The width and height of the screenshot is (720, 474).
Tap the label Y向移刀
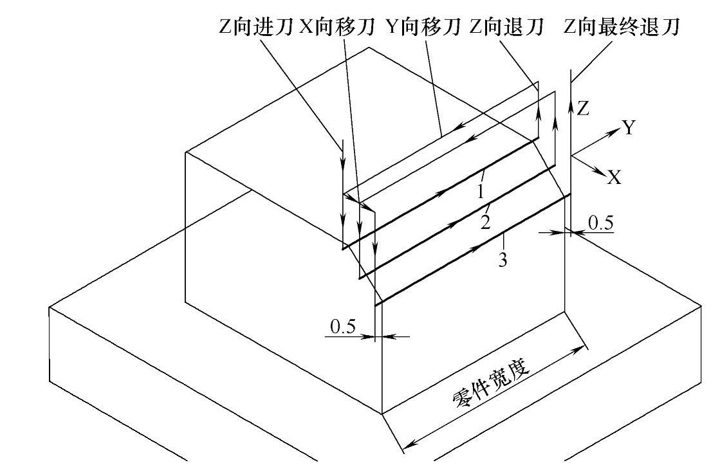[x=424, y=28]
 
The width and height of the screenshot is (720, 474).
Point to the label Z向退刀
[x=506, y=28]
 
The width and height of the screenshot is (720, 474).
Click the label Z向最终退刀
[x=622, y=28]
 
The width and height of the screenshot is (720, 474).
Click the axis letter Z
[x=583, y=109]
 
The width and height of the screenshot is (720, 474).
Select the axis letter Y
[x=629, y=129]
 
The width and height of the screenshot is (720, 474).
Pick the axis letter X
[x=614, y=178]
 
